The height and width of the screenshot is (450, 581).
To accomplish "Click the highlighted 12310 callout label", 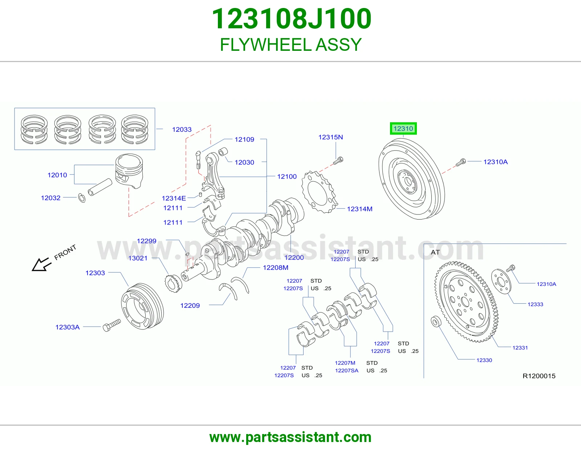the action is point(403,128).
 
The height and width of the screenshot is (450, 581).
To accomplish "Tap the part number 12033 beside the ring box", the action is point(182,130).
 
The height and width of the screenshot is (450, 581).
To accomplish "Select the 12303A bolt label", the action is point(68,327).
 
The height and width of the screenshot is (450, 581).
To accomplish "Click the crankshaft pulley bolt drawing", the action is point(112,325).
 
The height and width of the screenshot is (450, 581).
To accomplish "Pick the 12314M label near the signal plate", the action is point(359,209).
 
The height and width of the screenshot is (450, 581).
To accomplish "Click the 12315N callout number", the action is point(330,137).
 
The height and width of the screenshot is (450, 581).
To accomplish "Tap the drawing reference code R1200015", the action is point(539,376).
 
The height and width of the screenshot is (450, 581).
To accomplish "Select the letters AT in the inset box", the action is point(435,252).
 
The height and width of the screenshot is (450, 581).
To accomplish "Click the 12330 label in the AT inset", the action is point(484,360).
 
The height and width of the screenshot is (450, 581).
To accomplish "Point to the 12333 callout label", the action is point(535,304).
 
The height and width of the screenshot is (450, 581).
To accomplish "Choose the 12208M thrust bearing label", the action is point(276,267).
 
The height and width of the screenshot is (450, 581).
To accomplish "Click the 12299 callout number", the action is point(146,241).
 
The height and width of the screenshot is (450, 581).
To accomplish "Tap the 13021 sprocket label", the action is point(138,258).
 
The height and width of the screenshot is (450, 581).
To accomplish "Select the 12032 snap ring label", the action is point(50,198).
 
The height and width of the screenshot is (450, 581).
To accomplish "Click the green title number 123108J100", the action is point(292,19).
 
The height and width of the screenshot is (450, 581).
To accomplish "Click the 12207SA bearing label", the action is point(346,371).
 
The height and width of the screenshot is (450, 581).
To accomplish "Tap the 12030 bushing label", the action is point(244,162).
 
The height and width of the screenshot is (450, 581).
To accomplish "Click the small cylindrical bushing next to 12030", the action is point(223,152).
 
